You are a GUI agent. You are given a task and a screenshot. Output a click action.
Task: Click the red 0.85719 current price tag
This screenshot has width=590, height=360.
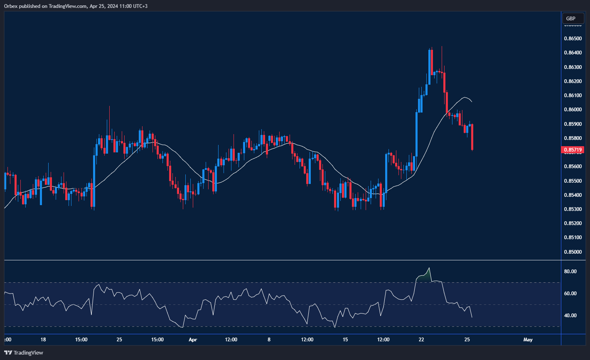573,149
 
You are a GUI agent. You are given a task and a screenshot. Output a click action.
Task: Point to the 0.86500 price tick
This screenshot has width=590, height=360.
573,39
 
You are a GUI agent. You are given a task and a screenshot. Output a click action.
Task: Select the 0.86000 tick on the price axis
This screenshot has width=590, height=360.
573,110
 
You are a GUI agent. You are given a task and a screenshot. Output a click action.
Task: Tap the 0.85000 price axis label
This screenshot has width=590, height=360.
573,252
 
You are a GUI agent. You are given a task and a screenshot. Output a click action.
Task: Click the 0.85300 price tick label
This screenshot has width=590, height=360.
573,209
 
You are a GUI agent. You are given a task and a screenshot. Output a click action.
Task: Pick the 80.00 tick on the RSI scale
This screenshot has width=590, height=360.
570,272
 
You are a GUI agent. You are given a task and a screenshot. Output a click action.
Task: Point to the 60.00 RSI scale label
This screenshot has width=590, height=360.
570,294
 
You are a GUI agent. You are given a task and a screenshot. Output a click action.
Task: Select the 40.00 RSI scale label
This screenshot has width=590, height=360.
570,316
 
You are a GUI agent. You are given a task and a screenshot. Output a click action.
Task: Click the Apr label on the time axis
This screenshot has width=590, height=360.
193,340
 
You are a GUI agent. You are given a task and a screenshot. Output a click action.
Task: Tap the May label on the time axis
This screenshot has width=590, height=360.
528,340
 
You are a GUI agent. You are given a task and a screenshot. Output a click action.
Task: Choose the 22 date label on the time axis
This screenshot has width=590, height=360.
421,340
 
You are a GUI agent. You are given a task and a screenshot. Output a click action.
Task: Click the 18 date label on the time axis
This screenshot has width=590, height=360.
43,340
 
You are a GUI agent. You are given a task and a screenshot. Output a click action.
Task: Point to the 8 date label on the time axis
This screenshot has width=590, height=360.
269,340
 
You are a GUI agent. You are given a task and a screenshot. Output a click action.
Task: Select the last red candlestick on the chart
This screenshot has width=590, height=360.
472,137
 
